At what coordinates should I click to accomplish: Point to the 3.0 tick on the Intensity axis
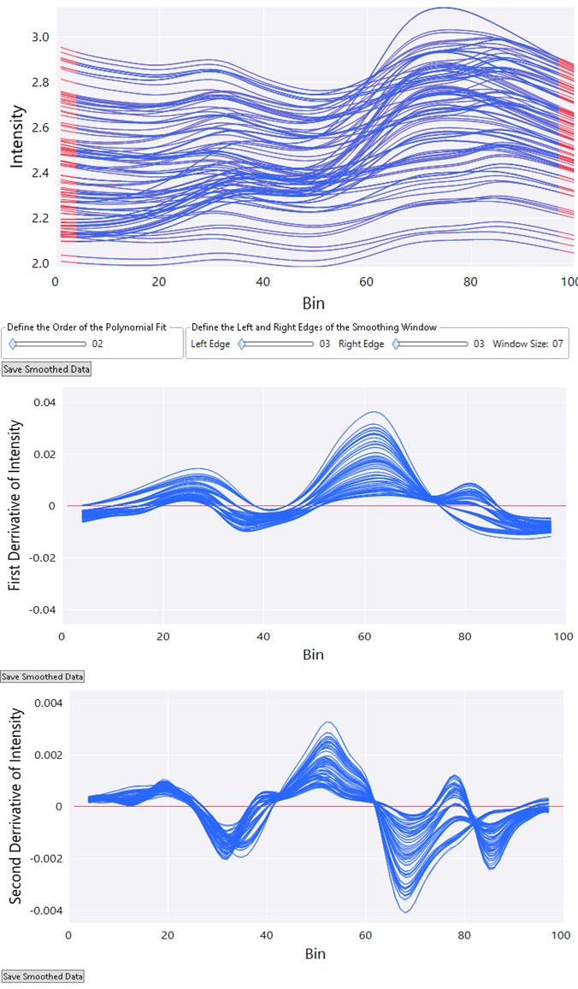click(40, 38)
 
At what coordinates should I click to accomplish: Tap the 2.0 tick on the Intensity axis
click(40, 263)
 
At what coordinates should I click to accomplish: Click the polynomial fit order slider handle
click(13, 344)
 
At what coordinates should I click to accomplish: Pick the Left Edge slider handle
click(242, 344)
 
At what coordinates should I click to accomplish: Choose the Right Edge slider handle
click(396, 344)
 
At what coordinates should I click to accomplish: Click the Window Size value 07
click(558, 344)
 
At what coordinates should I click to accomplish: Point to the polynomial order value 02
click(97, 344)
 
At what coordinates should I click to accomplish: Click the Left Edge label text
click(210, 344)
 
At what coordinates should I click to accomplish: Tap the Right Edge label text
click(361, 344)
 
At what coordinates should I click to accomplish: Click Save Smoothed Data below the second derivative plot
click(43, 975)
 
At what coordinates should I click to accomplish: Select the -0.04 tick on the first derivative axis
click(43, 610)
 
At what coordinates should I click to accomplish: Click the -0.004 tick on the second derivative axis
click(39, 910)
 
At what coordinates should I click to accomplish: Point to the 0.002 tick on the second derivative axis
click(42, 756)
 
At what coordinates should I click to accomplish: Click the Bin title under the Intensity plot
click(314, 303)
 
